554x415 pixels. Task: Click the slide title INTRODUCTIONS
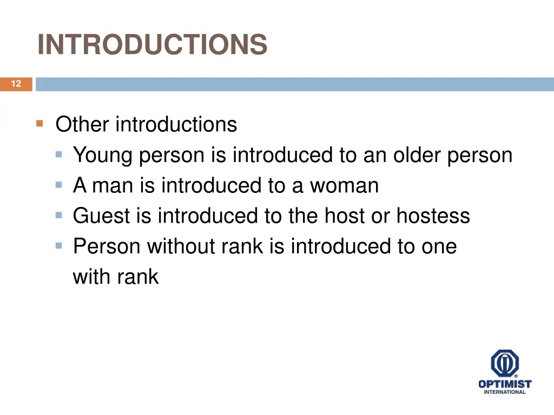pyautogui.click(x=153, y=44)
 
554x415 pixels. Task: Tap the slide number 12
pyautogui.click(x=16, y=84)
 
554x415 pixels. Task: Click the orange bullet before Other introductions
pyautogui.click(x=39, y=124)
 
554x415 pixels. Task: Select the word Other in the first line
pyautogui.click(x=82, y=125)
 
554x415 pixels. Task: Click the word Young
pyautogui.click(x=103, y=156)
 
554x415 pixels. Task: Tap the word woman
pyautogui.click(x=344, y=186)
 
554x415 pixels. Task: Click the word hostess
pyautogui.click(x=433, y=217)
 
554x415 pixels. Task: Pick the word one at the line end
pyautogui.click(x=439, y=247)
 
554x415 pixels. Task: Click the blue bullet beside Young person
pyautogui.click(x=59, y=155)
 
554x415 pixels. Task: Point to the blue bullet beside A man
pyautogui.click(x=59, y=185)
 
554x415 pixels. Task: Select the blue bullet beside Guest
pyautogui.click(x=59, y=215)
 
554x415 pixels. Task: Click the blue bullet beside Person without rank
pyautogui.click(x=59, y=245)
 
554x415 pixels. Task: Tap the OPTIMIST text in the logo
pyautogui.click(x=505, y=384)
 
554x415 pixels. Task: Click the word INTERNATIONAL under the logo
pyautogui.click(x=505, y=392)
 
